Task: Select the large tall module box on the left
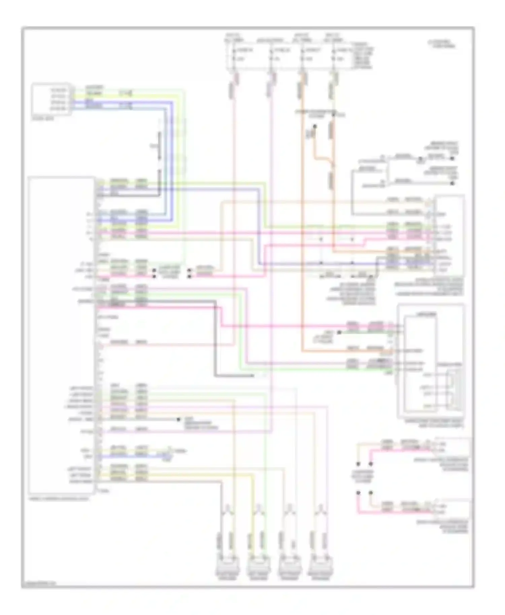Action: click(62, 334)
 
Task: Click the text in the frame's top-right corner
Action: click(442, 44)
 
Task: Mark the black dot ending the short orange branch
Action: click(315, 126)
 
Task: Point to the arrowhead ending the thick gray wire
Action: click(253, 375)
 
